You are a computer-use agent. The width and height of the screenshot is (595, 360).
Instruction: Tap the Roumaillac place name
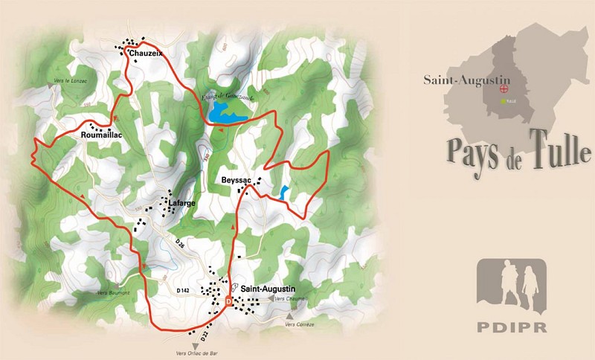[x=100, y=135]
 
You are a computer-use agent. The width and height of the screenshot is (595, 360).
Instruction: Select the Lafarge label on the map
[x=181, y=202]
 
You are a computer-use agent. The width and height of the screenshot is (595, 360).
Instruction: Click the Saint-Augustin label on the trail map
[x=268, y=289]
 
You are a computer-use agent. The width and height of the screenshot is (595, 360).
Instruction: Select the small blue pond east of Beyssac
[x=285, y=191]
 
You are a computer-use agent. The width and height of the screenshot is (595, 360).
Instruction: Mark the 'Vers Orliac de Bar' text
[x=196, y=354]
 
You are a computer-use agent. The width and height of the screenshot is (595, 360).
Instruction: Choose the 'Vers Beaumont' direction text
[x=113, y=293]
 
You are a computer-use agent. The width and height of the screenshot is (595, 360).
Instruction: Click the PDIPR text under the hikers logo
[x=510, y=329]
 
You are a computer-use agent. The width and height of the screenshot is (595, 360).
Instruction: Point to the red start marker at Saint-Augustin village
[x=228, y=301]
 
